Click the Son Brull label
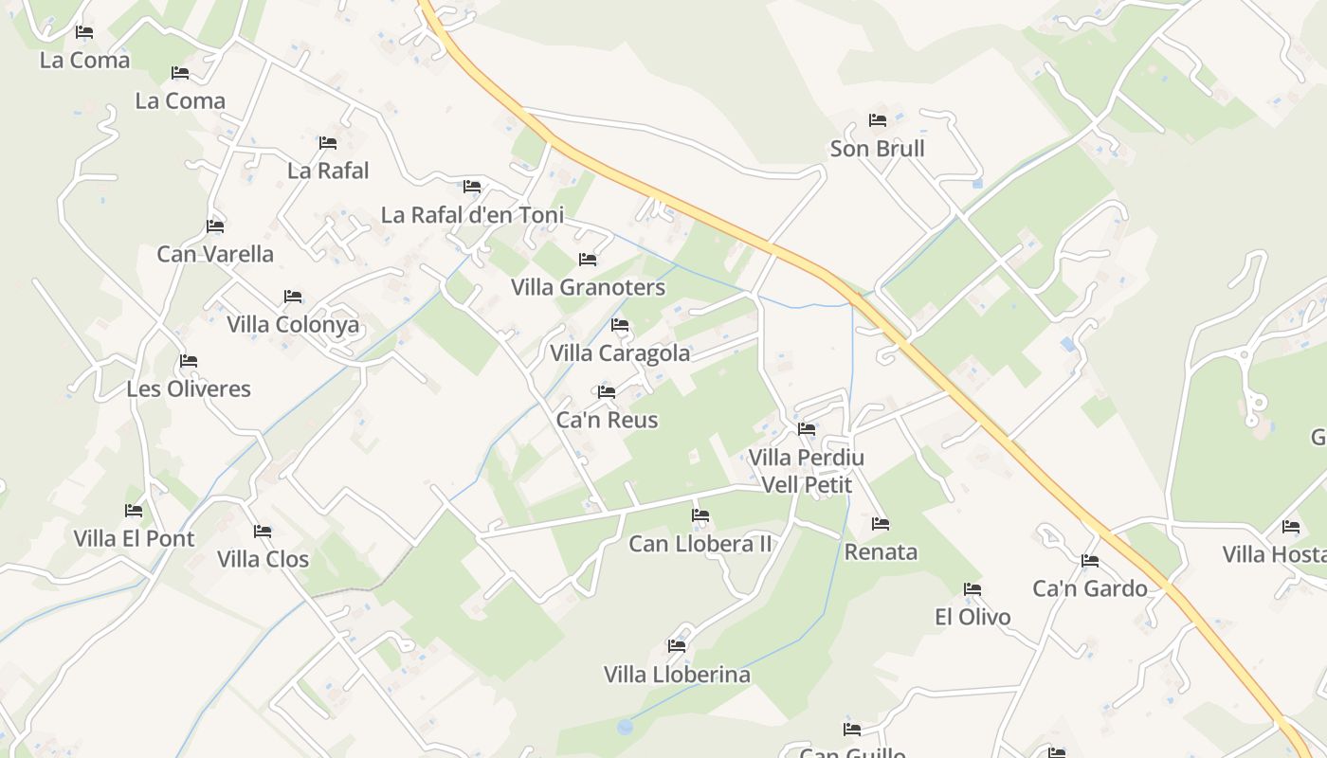tap(877, 149)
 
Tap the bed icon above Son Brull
tap(878, 120)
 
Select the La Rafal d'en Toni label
tap(472, 215)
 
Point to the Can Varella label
tap(215, 254)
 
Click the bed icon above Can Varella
tap(215, 226)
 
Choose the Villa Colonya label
tap(293, 325)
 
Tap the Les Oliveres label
tap(189, 388)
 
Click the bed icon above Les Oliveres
tap(189, 361)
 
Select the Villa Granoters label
tap(588, 287)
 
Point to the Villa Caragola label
tap(620, 353)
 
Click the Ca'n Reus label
tap(607, 420)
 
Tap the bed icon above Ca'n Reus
tap(607, 391)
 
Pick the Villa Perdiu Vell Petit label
tap(807, 471)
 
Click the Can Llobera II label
tap(700, 544)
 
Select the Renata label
tap(881, 551)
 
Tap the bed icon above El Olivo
tap(973, 589)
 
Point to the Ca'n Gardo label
tap(1090, 588)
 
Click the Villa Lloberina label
tap(677, 675)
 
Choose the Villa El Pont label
tap(134, 538)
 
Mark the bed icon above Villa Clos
tap(263, 532)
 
